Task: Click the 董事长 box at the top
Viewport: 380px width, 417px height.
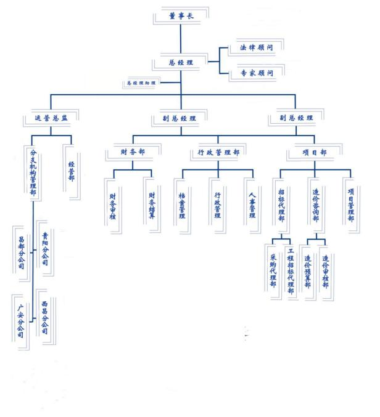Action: [x=181, y=16]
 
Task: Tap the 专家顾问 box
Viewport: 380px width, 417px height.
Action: [x=248, y=74]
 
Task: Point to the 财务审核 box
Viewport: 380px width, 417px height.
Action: [x=113, y=204]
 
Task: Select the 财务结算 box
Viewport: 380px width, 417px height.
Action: [x=152, y=204]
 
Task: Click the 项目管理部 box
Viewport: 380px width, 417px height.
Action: [x=350, y=203]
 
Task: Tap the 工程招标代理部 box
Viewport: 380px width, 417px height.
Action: [x=291, y=272]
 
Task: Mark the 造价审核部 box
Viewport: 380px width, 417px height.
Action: [x=325, y=271]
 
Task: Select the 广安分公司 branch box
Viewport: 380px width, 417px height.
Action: [x=21, y=320]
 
